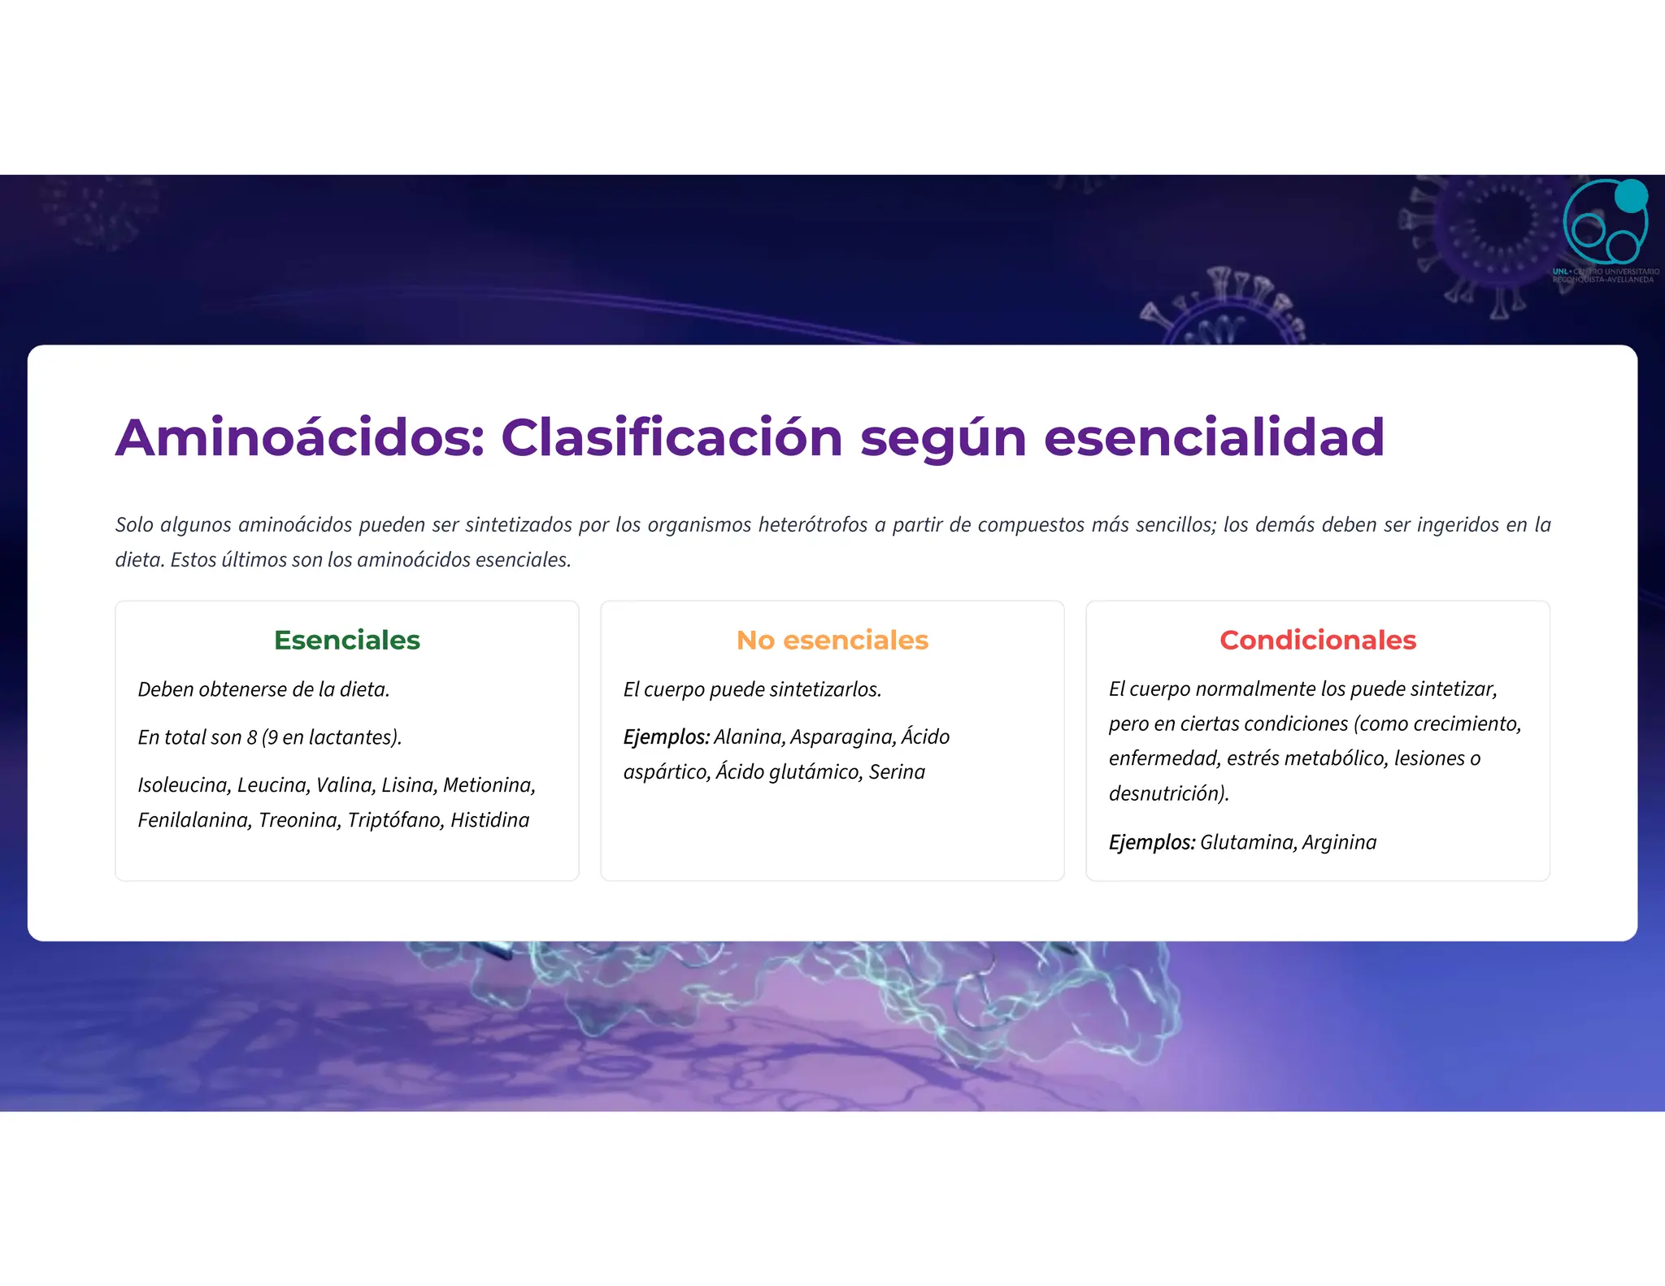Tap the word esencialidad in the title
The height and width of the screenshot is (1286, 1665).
(1214, 437)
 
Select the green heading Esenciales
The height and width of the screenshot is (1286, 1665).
(347, 641)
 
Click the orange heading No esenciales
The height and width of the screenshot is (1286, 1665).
(832, 641)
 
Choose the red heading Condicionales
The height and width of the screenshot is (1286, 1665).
(1317, 641)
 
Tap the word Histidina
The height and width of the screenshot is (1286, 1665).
(489, 820)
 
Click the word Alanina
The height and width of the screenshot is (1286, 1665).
(749, 737)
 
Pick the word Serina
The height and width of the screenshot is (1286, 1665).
(897, 772)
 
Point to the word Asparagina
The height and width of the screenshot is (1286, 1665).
(843, 737)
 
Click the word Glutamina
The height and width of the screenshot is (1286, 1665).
(1247, 842)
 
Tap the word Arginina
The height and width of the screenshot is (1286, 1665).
(1339, 842)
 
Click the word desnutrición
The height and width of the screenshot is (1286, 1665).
(1167, 793)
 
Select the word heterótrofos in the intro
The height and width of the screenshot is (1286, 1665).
(813, 525)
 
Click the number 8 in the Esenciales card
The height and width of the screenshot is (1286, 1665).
(252, 737)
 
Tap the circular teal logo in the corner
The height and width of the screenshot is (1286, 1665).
(1605, 223)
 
